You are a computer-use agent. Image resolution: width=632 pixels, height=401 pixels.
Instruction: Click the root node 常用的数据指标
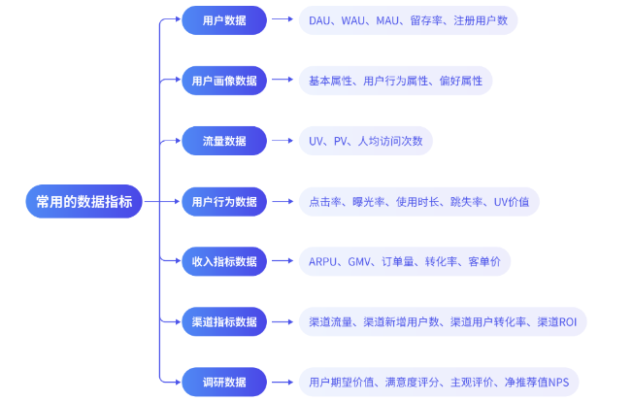coord(83,201)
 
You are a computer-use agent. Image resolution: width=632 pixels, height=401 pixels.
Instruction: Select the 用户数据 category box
coord(224,20)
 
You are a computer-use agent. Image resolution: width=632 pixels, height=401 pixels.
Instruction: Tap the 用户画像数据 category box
coord(224,81)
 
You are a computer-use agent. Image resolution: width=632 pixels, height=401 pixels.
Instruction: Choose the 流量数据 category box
coord(224,141)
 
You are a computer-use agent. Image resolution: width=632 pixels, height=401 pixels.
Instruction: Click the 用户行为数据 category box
coord(224,202)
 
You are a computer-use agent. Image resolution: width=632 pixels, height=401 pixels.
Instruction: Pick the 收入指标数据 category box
coord(224,261)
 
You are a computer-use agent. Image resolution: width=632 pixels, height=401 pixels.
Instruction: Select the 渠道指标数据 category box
coord(224,321)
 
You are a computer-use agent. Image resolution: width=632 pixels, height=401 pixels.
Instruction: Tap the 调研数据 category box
coord(224,382)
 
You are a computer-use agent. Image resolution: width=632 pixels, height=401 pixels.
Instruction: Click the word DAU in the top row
coord(319,20)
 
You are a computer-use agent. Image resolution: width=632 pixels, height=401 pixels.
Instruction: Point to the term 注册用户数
coord(481,20)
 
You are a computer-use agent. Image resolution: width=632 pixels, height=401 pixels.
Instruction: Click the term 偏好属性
coord(461,81)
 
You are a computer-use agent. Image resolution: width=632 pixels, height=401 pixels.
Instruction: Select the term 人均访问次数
coord(390,141)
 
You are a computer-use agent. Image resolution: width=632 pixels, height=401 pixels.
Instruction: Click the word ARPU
coord(322,262)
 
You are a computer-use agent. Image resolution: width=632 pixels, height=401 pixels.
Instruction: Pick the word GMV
coord(359,262)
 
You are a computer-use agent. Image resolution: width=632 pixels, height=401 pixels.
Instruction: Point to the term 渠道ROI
coord(557,322)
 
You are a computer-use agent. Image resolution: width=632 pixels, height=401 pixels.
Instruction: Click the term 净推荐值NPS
coord(537,382)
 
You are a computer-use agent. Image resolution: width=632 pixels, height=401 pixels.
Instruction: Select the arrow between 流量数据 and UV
coord(283,141)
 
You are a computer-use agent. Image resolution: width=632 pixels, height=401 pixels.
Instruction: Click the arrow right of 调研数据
coord(283,382)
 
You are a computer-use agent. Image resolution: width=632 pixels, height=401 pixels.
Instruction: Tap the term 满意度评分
coord(412,382)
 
